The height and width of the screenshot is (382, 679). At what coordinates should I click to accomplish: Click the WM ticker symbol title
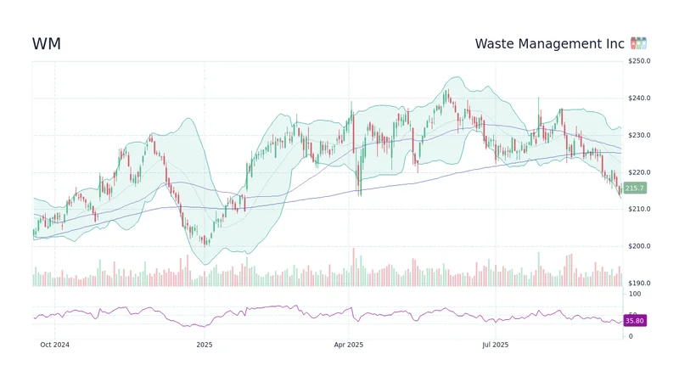46,44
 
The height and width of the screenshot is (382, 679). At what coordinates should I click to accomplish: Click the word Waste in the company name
495,44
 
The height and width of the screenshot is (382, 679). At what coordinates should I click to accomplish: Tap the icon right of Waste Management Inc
639,43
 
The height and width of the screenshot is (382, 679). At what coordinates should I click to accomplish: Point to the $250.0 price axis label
639,61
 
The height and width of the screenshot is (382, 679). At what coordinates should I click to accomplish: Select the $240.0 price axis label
639,98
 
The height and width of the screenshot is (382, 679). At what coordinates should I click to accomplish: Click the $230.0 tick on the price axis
639,136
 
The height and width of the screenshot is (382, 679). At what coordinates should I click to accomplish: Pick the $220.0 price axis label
639,172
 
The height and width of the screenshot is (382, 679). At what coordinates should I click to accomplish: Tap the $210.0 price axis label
639,210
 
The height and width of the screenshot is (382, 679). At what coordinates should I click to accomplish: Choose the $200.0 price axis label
639,246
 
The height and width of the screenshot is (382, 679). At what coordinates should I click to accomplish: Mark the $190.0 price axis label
639,284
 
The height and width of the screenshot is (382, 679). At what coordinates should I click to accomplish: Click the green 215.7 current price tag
635,188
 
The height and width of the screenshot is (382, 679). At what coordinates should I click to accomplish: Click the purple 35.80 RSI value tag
635,321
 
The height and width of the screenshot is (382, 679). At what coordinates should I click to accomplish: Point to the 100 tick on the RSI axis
634,294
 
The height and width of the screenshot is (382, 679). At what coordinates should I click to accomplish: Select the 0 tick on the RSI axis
630,336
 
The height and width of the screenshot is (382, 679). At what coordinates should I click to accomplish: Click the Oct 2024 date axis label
55,345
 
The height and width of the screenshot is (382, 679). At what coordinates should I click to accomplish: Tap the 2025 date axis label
204,345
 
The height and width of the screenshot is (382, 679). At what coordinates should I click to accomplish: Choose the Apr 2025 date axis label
348,345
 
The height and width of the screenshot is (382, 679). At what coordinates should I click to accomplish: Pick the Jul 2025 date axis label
495,345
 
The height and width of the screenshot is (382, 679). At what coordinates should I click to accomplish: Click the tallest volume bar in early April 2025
353,267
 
